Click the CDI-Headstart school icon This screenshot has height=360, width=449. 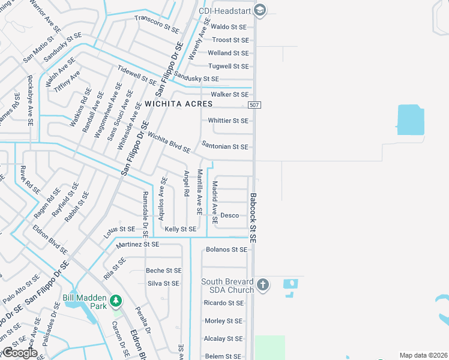tap(260, 10)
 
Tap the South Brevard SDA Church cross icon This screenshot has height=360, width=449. tap(263, 284)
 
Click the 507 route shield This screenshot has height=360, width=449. tap(254, 105)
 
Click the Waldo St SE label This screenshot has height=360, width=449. tap(229, 27)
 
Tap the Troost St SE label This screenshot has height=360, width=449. tap(231, 40)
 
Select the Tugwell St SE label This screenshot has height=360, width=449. tap(228, 67)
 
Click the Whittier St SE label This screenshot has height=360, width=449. tap(228, 121)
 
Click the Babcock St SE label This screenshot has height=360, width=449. tap(253, 217)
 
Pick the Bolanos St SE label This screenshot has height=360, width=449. tap(226, 249)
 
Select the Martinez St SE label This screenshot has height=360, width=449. tap(138, 245)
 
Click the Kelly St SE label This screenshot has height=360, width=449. tap(181, 229)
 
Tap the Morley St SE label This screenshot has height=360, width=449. tap(223, 321)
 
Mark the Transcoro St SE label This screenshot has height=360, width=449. tap(157, 23)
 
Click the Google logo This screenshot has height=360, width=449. tap(19, 353)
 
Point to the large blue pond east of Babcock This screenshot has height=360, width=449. tap(411, 120)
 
